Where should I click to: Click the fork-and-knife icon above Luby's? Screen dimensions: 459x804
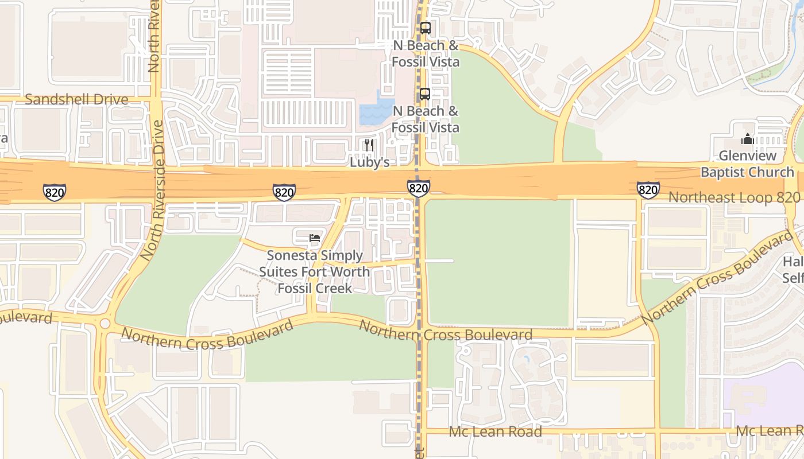tap(369, 145)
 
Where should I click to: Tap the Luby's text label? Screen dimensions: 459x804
tap(370, 162)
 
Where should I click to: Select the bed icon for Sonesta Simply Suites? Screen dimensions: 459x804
tap(314, 238)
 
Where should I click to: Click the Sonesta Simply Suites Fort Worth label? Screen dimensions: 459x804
tap(314, 271)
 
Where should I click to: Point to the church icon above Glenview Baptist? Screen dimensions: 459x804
tap(747, 139)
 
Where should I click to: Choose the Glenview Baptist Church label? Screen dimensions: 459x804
tap(747, 164)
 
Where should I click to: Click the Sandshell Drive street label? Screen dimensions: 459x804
tap(76, 100)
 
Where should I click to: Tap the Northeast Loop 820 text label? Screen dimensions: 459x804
tap(734, 197)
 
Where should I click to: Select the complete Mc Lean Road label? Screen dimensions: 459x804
tap(495, 431)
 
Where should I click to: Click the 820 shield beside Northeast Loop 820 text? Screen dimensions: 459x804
tap(648, 189)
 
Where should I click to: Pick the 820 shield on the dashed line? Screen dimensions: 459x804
tap(419, 188)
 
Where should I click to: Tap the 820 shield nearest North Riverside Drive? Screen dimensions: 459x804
tap(55, 192)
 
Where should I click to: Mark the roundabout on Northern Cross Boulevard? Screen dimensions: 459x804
tap(105, 324)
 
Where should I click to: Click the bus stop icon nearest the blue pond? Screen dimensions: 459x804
tap(425, 94)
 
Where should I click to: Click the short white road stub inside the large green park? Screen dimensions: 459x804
tap(439, 261)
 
